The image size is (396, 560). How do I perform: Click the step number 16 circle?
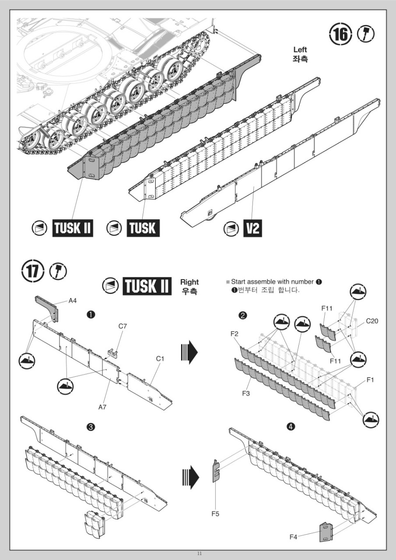340,35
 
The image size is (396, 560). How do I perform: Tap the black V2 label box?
252,228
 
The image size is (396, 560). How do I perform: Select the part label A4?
73,301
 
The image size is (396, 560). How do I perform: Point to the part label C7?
123,326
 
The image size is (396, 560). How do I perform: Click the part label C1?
160,358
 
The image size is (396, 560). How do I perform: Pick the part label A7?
102,407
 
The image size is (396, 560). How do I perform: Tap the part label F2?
235,334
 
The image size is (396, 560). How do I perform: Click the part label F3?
246,393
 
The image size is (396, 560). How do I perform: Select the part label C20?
371,321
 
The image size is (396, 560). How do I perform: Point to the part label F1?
370,380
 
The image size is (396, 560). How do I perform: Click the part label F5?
215,514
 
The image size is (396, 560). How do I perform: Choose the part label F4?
294,537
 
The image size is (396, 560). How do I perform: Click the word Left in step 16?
300,49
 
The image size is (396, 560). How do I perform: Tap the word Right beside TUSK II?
189,282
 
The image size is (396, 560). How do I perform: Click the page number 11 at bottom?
199,553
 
